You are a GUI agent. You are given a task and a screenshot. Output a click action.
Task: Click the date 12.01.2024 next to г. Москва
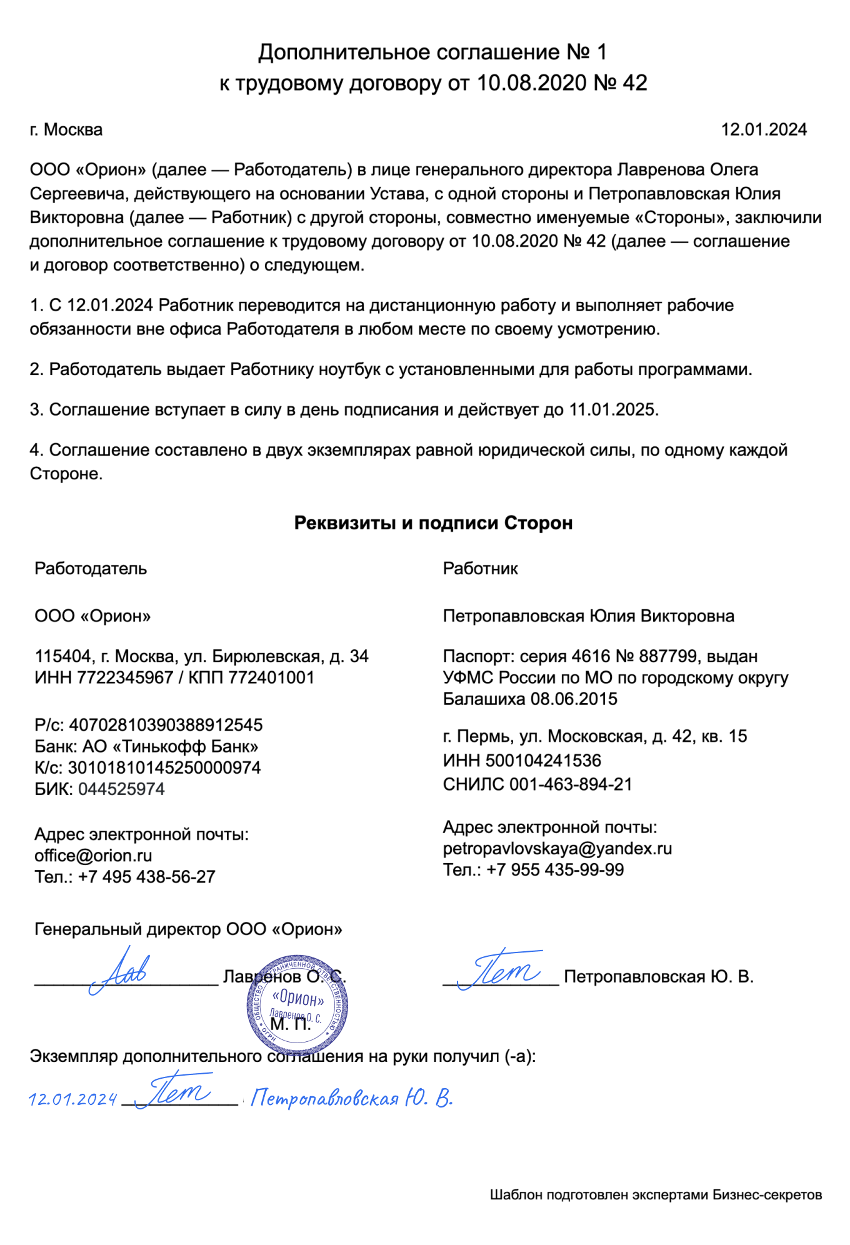[x=763, y=129]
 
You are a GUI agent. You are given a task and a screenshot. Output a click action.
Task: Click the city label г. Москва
[x=66, y=129]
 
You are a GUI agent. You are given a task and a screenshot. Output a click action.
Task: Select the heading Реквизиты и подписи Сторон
[x=432, y=522]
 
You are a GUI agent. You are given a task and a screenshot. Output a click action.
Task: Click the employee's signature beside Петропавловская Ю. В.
[x=500, y=969]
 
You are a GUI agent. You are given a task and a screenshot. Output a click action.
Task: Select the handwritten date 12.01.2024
[x=73, y=1099]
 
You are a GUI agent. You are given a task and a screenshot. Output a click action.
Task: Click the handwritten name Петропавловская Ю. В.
[x=351, y=1098]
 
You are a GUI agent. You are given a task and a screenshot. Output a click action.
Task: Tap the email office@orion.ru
[x=93, y=855]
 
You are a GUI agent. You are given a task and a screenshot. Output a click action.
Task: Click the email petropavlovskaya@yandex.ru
[x=557, y=848]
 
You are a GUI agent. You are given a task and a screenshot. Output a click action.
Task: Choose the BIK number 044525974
[x=121, y=789]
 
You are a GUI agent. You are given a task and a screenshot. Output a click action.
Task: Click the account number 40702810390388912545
[x=165, y=725]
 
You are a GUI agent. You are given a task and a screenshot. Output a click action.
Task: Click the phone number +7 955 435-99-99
[x=554, y=869]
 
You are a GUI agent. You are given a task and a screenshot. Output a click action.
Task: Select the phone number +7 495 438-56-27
[x=146, y=876]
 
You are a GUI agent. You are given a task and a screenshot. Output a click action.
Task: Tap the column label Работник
[x=480, y=568]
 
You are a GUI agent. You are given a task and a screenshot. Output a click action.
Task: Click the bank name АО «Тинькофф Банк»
[x=170, y=746]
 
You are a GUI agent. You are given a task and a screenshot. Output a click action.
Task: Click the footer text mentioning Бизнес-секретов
[x=655, y=1194]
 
